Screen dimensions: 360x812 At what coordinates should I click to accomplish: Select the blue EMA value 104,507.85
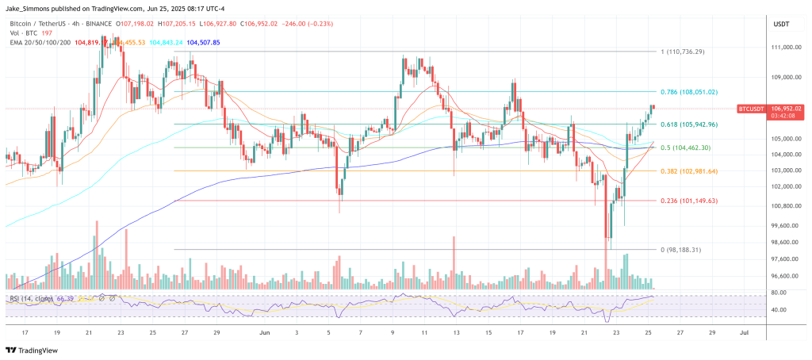click(x=203, y=42)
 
